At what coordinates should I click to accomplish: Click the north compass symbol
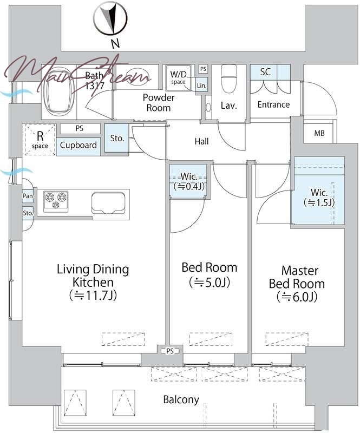[x=110, y=18]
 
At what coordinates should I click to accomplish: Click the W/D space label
[x=178, y=77]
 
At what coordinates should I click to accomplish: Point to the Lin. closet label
[x=201, y=86]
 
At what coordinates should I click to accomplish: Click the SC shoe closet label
[x=265, y=72]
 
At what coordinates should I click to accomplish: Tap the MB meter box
[x=319, y=133]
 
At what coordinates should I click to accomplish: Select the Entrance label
[x=273, y=104]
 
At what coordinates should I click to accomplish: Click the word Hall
[x=201, y=142]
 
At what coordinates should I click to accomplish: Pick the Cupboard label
[x=78, y=145]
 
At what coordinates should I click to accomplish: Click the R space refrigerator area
[x=40, y=140]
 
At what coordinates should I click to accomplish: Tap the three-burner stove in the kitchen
[x=56, y=201]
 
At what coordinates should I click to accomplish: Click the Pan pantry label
[x=28, y=196]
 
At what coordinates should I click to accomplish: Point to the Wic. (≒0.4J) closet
[x=188, y=181]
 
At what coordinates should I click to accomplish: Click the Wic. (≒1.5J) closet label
[x=319, y=198]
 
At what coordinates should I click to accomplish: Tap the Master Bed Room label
[x=297, y=284]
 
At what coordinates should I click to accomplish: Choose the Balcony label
[x=181, y=399]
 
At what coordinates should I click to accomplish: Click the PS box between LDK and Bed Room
[x=170, y=351]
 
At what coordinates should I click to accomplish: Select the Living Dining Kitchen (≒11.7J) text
[x=93, y=282]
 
